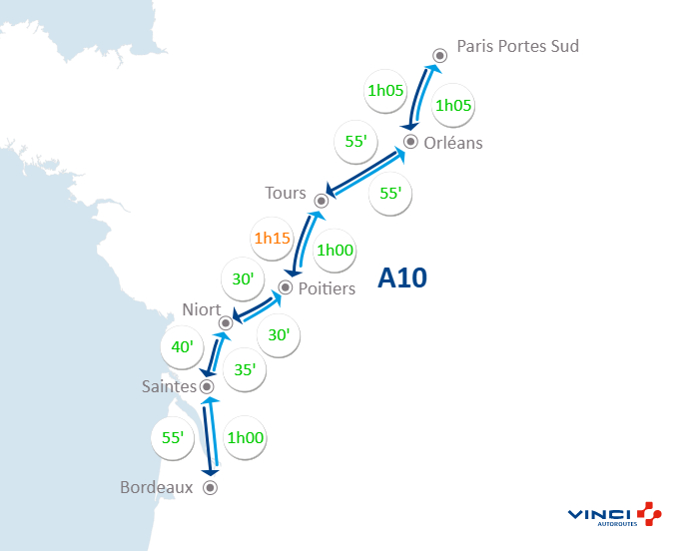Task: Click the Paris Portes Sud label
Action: coord(517,46)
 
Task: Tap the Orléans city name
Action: coord(452,143)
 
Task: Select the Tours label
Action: coord(286,193)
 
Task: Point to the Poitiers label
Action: coord(328,289)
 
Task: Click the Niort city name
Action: coord(202,309)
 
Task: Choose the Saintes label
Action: coord(168,385)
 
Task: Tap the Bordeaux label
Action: coord(156,488)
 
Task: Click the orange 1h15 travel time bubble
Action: coord(271,239)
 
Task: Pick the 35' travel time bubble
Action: coord(245,368)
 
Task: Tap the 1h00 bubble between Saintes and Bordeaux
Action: coord(245,437)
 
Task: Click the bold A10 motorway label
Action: coord(402,278)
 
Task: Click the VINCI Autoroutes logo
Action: coord(613,515)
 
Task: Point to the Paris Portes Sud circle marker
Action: coord(439,56)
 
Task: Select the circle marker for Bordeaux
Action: coord(210,488)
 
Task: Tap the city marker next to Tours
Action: coord(322,200)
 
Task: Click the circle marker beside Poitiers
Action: coord(286,287)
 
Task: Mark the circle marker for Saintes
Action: coord(207,386)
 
